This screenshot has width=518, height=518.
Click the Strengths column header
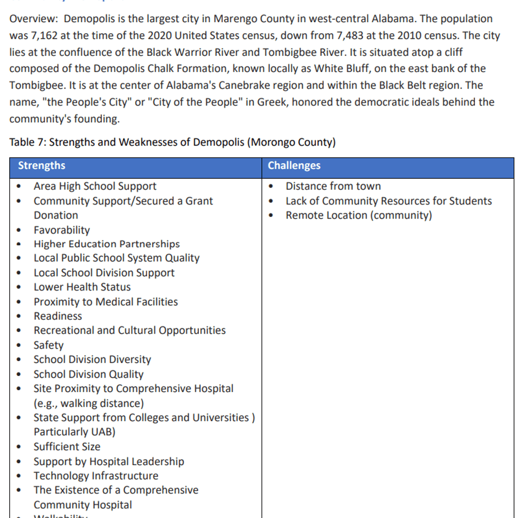click(x=41, y=166)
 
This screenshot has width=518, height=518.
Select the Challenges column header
click(x=294, y=166)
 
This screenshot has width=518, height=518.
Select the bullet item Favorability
click(x=62, y=230)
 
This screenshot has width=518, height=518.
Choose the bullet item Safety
click(x=49, y=345)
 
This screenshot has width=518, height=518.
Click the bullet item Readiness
click(x=57, y=316)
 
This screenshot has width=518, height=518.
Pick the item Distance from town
click(x=333, y=186)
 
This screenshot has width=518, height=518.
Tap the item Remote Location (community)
click(x=358, y=215)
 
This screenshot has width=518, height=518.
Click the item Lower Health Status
click(x=82, y=287)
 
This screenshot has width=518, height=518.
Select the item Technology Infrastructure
click(x=96, y=476)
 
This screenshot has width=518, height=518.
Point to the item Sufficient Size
click(x=67, y=447)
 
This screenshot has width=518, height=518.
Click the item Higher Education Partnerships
click(x=107, y=244)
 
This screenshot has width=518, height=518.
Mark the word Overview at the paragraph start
click(x=33, y=19)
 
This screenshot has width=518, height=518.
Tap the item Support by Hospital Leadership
click(x=109, y=461)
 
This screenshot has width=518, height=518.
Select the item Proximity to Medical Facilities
click(x=106, y=301)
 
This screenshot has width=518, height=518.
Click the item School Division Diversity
click(x=92, y=359)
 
